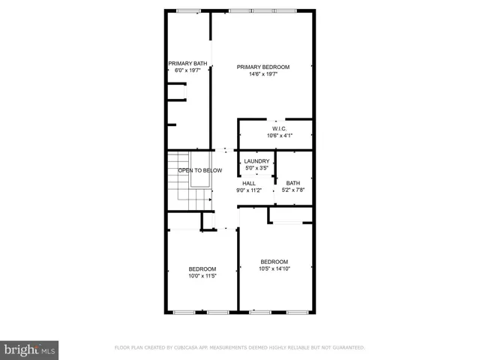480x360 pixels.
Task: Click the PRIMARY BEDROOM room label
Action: click(262, 67)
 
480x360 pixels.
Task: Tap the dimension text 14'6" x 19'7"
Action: click(262, 73)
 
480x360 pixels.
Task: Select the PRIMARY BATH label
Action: click(187, 63)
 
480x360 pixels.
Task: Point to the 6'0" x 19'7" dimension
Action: click(187, 70)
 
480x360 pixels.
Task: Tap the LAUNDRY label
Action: click(256, 161)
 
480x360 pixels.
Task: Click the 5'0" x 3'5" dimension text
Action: click(256, 168)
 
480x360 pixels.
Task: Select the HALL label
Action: click(248, 183)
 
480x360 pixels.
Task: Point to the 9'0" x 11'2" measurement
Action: click(248, 190)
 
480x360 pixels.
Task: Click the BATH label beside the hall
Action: click(292, 183)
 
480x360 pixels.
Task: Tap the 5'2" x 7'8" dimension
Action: click(292, 190)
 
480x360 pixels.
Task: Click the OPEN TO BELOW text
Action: click(200, 170)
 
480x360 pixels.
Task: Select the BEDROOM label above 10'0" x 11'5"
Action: click(202, 269)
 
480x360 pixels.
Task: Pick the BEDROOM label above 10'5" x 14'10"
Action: click(274, 262)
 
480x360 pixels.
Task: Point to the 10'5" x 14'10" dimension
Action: click(274, 268)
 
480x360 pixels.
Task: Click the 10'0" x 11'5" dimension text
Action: click(202, 276)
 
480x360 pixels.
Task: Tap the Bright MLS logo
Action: click(30, 349)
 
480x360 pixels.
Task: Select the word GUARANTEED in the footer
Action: click(346, 348)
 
